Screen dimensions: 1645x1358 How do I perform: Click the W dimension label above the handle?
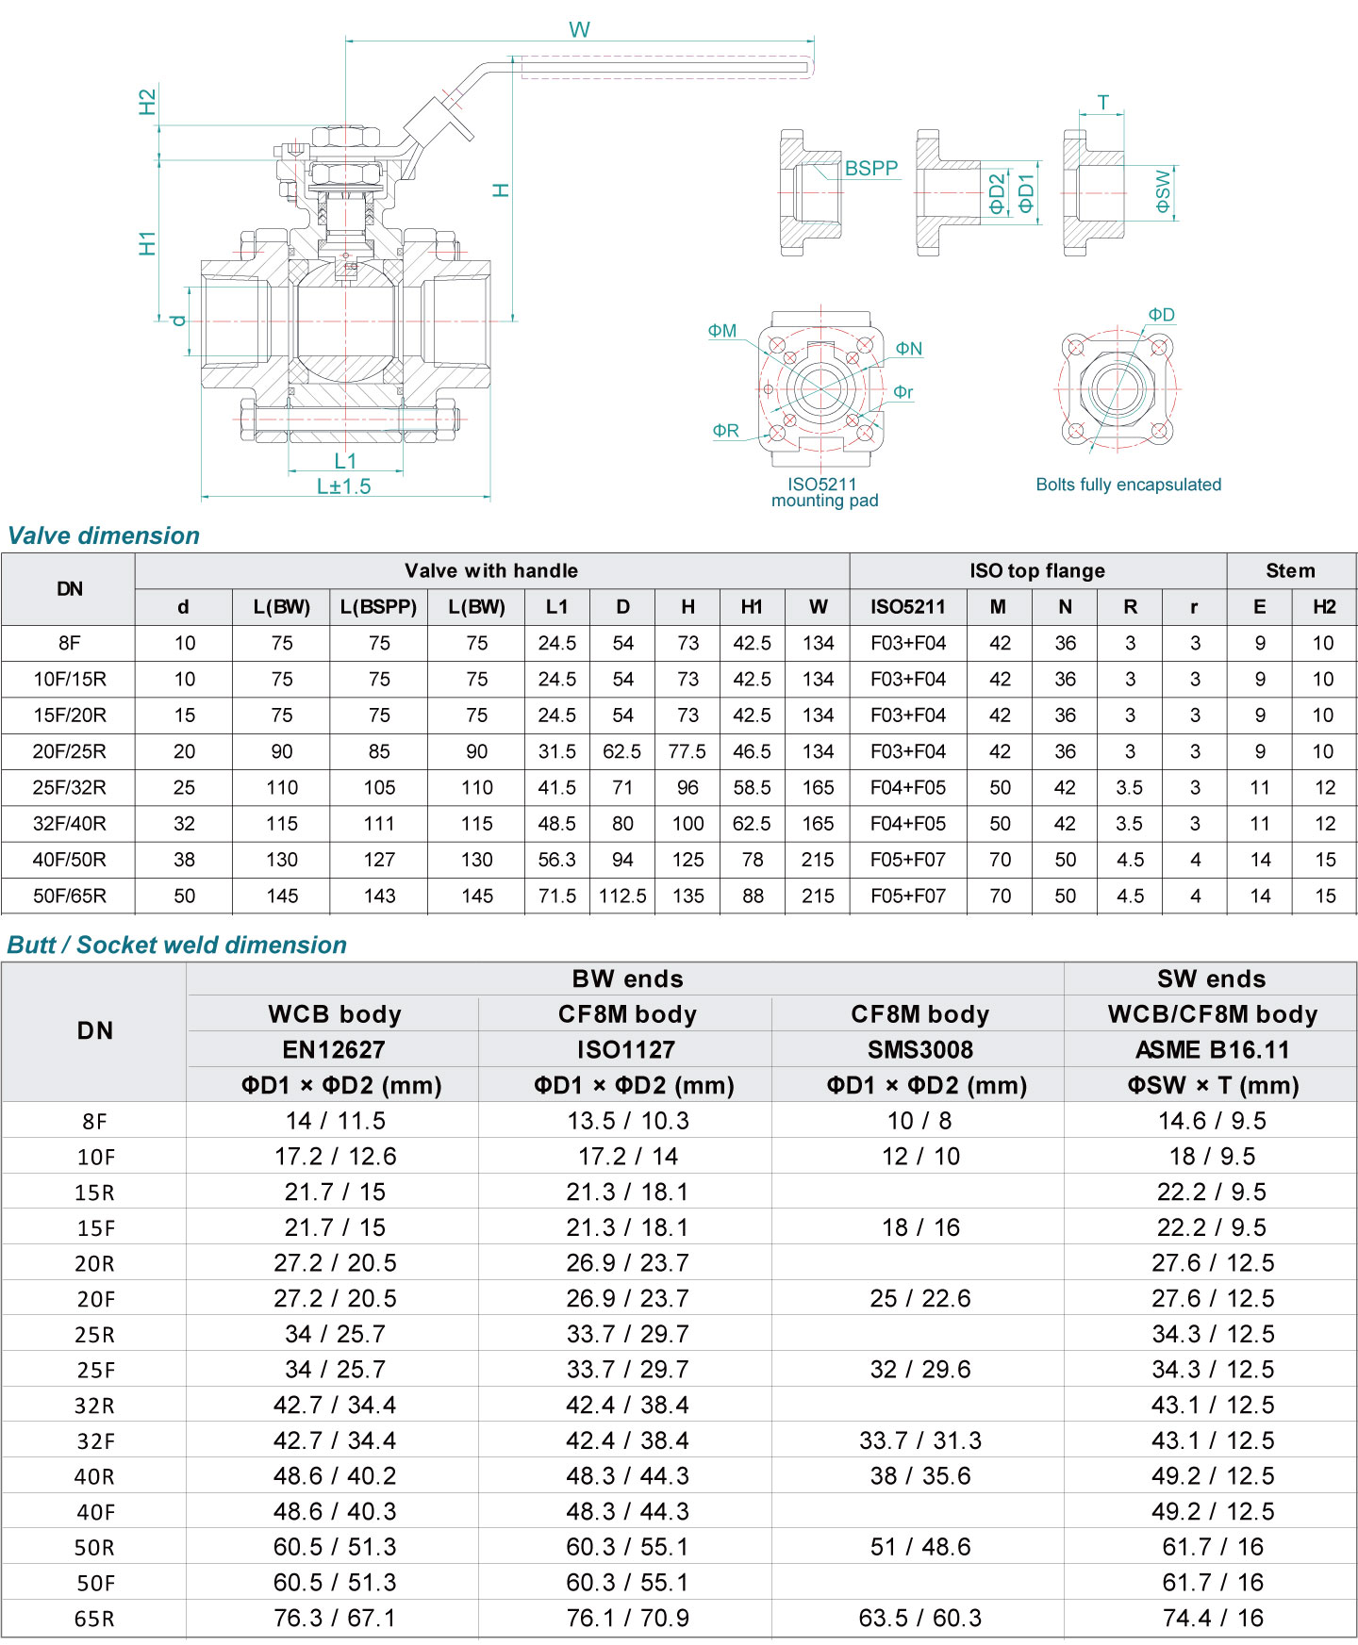[x=579, y=29]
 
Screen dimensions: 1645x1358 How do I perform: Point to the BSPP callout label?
[x=870, y=169]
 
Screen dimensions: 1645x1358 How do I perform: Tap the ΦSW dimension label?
[x=1163, y=191]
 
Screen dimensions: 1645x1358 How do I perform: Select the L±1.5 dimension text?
[x=343, y=486]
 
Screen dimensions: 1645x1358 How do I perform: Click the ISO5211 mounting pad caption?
[x=824, y=492]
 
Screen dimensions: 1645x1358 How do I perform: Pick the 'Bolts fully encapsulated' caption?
[x=1128, y=485]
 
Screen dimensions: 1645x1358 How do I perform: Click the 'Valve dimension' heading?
[x=104, y=535]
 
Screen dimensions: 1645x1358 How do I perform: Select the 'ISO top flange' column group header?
[x=1036, y=570]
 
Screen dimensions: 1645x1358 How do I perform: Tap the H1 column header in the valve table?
[x=752, y=607]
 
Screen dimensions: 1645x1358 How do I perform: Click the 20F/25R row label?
[x=69, y=751]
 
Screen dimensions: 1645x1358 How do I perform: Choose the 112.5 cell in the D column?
[x=622, y=896]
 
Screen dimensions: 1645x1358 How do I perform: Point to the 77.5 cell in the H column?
[x=687, y=751]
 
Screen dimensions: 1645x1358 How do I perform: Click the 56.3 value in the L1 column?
[x=556, y=860]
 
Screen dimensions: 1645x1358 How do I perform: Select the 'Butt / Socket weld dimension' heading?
[x=176, y=945]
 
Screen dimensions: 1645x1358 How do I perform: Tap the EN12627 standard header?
[x=334, y=1050]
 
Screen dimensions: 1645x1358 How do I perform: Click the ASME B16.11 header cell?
[x=1212, y=1050]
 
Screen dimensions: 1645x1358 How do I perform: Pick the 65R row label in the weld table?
[x=94, y=1620]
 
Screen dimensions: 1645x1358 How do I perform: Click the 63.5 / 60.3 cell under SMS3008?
[x=919, y=1619]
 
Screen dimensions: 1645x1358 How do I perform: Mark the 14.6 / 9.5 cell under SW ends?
[x=1212, y=1121]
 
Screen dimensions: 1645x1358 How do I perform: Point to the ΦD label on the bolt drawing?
[x=1161, y=315]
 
